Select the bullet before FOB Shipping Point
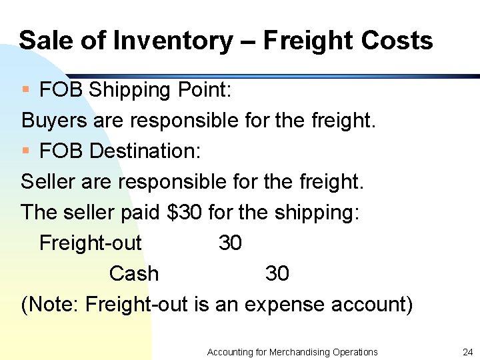tap(25, 89)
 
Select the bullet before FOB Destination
tap(25, 151)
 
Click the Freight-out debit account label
tap(91, 243)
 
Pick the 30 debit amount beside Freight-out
tap(230, 243)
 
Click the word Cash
tap(134, 273)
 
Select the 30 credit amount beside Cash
tap(277, 273)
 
